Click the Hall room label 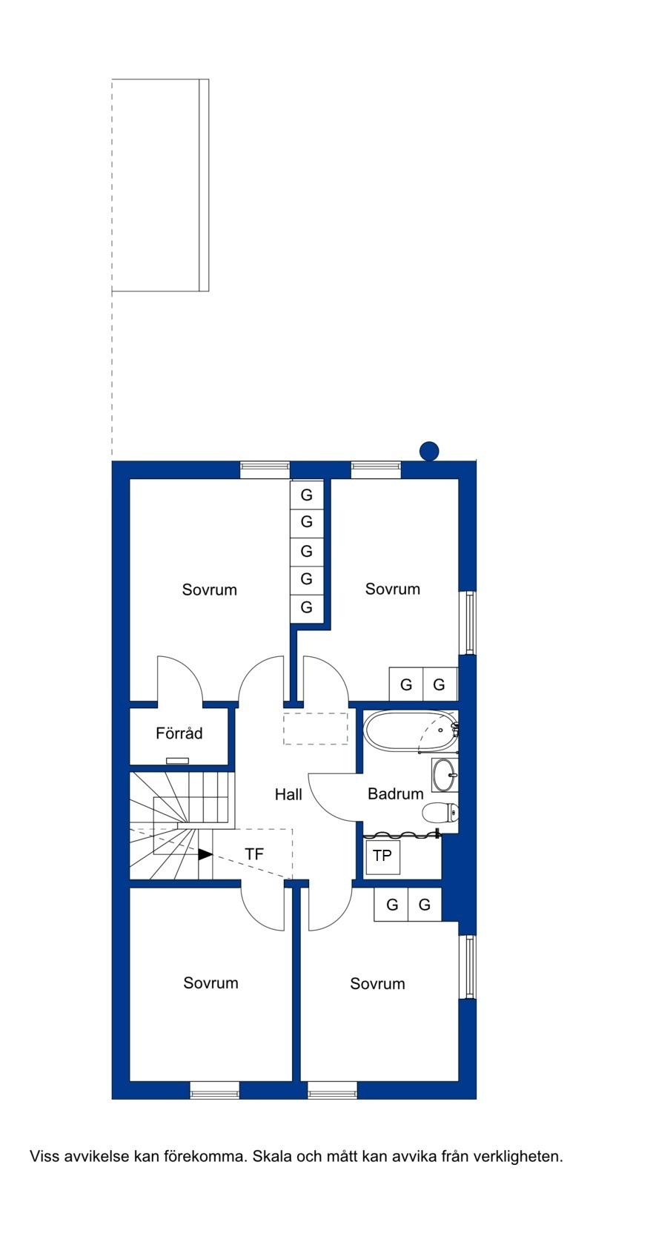288,794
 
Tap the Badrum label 396,793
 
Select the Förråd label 179,733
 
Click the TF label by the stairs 254,854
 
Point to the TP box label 382,856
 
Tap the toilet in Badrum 440,813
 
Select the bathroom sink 445,775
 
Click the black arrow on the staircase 205,854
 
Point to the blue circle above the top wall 429,451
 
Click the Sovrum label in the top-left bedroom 210,590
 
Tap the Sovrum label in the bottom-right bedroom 377,984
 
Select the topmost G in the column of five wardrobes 307,495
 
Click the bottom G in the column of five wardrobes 307,607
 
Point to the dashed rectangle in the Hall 316,729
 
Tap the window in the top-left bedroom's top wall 265,469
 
